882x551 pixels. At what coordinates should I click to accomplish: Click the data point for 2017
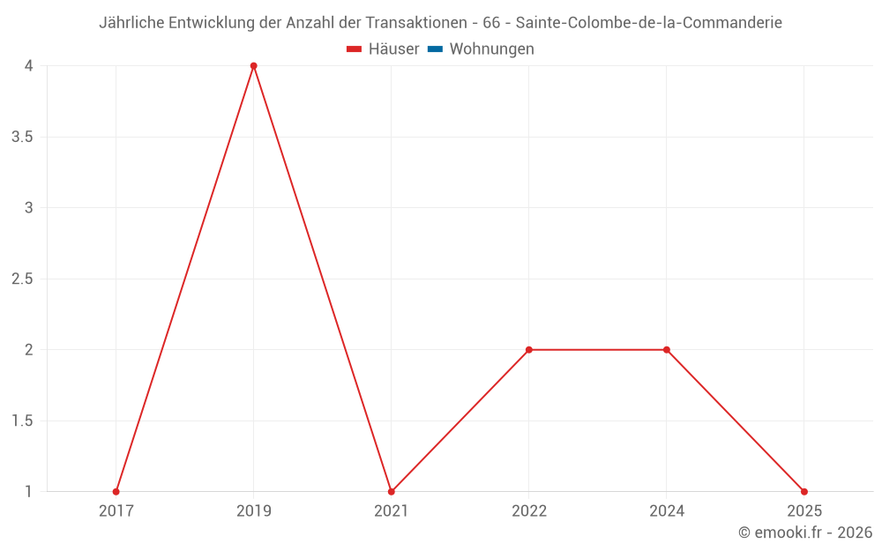[116, 492]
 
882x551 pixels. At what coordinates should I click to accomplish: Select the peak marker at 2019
[253, 66]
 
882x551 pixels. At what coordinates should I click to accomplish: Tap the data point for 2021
[391, 492]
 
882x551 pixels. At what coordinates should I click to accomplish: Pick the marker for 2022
[529, 350]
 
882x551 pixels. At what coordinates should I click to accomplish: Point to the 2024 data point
[667, 350]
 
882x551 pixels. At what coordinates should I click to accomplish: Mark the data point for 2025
[804, 492]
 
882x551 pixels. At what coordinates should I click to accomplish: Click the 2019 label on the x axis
[254, 511]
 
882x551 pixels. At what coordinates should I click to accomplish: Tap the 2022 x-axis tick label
[529, 511]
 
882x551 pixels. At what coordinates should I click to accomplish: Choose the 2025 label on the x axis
[804, 511]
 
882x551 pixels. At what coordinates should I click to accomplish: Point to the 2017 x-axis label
[116, 511]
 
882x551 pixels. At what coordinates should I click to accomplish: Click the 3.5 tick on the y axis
[21, 138]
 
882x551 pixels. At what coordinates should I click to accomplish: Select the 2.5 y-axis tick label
[21, 279]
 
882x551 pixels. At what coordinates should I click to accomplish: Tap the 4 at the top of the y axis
[29, 66]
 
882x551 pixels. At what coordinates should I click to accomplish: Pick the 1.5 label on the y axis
[21, 421]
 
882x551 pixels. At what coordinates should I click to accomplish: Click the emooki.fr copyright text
[805, 532]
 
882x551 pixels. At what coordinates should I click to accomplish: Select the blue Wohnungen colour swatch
[435, 49]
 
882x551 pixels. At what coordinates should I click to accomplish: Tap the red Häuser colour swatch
[355, 49]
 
